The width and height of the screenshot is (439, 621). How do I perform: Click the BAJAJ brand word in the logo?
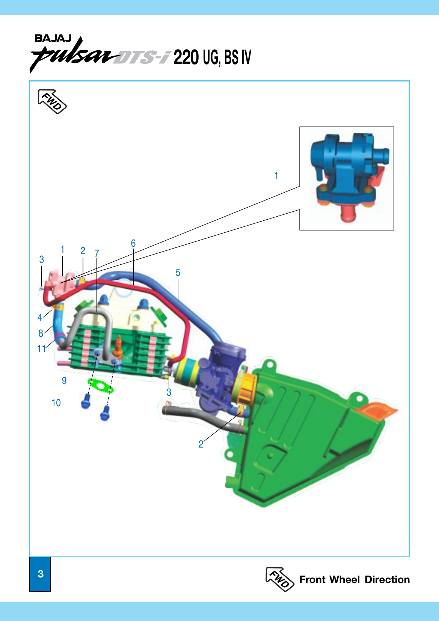(x=53, y=38)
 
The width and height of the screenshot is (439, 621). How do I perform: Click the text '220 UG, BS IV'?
(x=212, y=57)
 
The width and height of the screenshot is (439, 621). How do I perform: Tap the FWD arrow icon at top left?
(x=52, y=101)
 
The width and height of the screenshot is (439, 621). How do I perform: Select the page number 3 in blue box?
(x=40, y=574)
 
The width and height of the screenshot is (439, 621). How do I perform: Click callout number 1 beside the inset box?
(x=276, y=176)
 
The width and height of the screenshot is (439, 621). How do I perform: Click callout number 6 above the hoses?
(x=133, y=243)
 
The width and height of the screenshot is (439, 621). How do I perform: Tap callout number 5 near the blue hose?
(x=178, y=273)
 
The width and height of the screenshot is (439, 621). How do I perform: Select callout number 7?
(x=97, y=253)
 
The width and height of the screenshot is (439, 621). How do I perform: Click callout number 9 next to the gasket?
(x=64, y=381)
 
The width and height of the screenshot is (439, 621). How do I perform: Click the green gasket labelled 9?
(x=100, y=386)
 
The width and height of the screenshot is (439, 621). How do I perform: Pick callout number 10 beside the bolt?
(x=56, y=403)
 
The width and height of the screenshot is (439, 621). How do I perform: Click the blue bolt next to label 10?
(x=86, y=402)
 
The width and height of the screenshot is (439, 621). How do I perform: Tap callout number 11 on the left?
(x=41, y=349)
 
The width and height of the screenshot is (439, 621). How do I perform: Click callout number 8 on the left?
(x=41, y=333)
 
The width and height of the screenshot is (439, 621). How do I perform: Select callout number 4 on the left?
(x=40, y=317)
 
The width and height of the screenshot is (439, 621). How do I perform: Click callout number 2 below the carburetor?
(x=201, y=444)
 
